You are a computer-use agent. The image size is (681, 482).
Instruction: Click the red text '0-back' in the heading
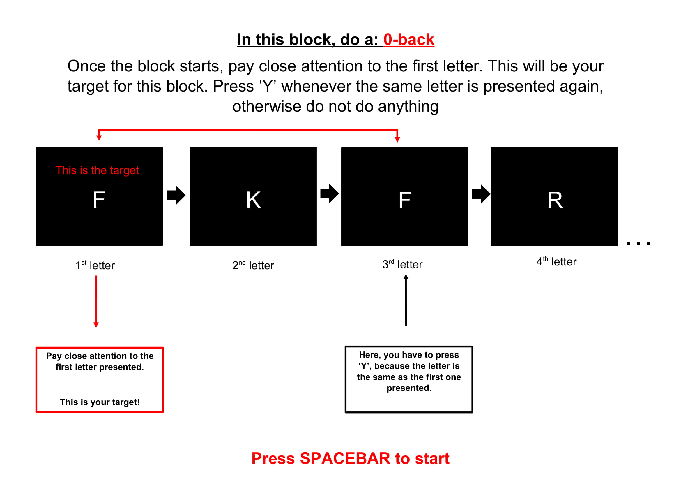pos(409,39)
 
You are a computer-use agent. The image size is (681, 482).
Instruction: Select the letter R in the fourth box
pos(555,200)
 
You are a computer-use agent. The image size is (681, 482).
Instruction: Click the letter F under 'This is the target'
pos(99,200)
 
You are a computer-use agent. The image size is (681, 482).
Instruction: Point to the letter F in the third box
pos(405,200)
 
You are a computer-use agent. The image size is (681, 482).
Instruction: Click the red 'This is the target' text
pos(97,170)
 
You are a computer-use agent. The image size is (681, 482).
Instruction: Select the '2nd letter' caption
pos(253,265)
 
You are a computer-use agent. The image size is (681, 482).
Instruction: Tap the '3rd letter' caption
pos(402,264)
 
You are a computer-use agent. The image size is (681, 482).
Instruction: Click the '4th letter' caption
pos(556,261)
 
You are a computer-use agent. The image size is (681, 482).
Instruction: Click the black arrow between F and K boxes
pos(176,195)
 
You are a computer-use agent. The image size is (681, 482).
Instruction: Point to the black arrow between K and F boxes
pos(330,193)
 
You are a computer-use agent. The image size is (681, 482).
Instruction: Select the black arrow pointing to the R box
pos(481,194)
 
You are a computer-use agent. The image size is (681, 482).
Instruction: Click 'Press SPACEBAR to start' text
pos(350,458)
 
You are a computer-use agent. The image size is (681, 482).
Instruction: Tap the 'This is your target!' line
pos(100,402)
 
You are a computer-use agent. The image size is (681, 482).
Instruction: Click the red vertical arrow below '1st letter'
pos(96,302)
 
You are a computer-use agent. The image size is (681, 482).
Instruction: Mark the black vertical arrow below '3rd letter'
pos(406,300)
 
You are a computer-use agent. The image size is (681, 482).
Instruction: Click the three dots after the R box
pos(638,244)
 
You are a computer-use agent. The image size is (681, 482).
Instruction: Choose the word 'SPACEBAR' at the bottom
pos(345,458)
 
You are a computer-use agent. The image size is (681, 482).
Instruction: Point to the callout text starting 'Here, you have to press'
pos(409,371)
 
